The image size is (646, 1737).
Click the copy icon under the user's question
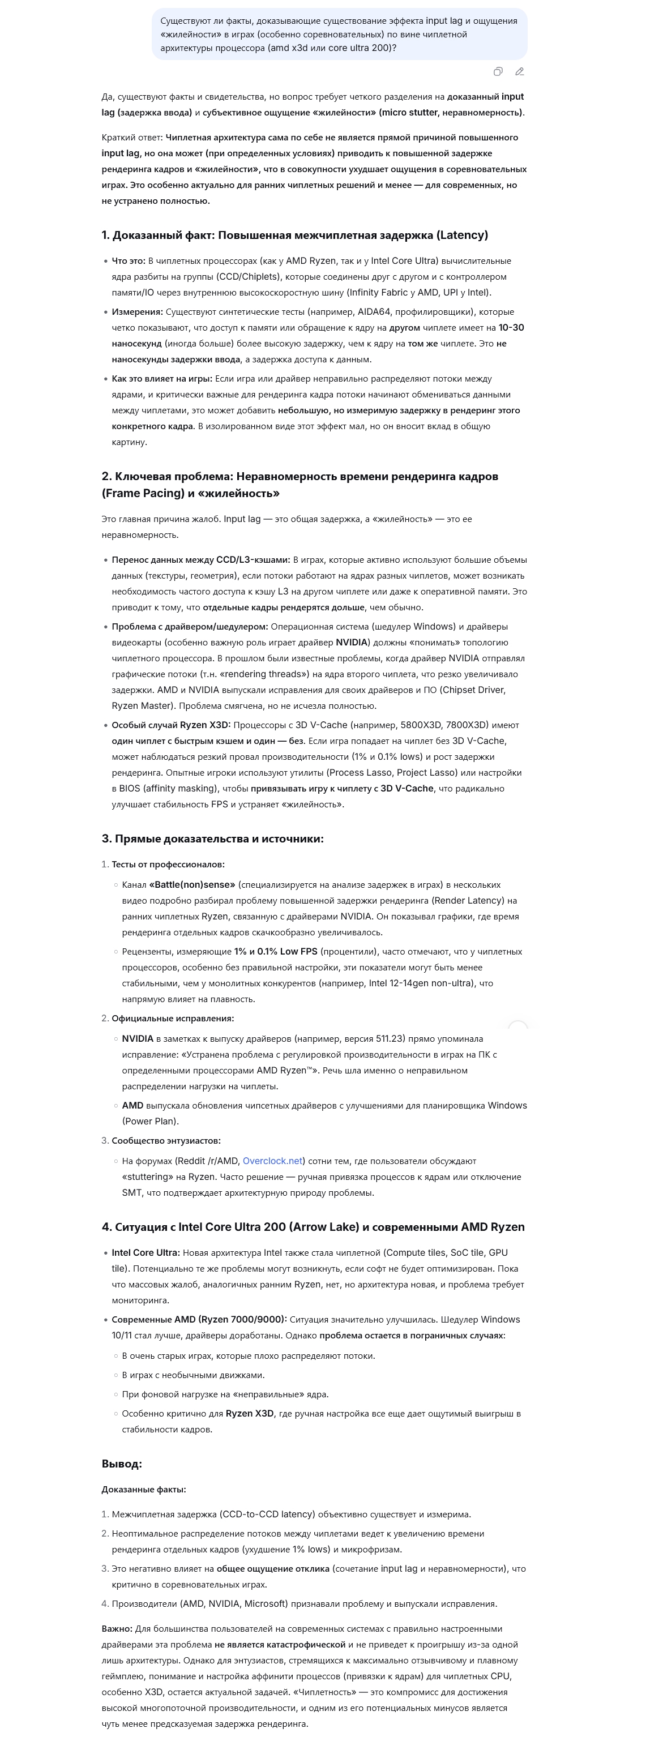[x=498, y=71]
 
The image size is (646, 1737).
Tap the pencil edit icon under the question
[x=519, y=71]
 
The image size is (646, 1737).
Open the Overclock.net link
[x=272, y=1161]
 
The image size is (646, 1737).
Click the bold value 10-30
[x=511, y=328]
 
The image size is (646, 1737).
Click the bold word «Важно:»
[x=117, y=1629]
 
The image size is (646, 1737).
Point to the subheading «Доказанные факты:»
[x=144, y=1490]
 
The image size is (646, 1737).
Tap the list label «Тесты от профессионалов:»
[x=168, y=865]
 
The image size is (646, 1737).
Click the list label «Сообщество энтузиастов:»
[x=166, y=1141]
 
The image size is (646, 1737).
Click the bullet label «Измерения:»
[x=138, y=312]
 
